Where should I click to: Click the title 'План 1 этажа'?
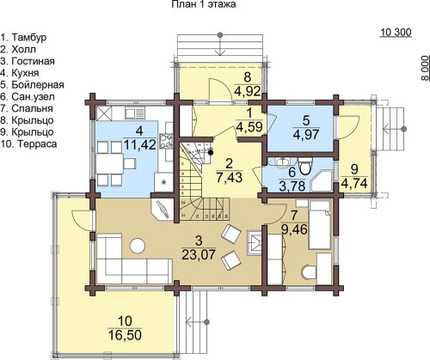click(204, 4)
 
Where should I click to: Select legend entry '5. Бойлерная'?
click(32, 85)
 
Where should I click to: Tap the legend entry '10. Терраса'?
click(28, 143)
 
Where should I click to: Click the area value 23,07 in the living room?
click(199, 254)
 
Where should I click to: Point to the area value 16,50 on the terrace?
click(125, 335)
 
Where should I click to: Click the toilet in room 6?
click(304, 167)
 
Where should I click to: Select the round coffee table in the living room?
click(138, 246)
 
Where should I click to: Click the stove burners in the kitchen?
click(166, 141)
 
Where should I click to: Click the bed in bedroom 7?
click(320, 224)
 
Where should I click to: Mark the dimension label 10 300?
click(396, 33)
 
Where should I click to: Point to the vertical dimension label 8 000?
click(425, 68)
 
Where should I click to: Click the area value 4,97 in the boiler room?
click(306, 134)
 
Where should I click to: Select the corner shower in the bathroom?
click(322, 181)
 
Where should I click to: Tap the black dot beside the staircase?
click(211, 153)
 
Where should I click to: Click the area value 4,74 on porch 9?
click(354, 183)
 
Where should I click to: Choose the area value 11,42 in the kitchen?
click(139, 144)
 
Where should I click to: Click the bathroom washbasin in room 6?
click(283, 162)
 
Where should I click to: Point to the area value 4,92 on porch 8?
click(247, 91)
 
